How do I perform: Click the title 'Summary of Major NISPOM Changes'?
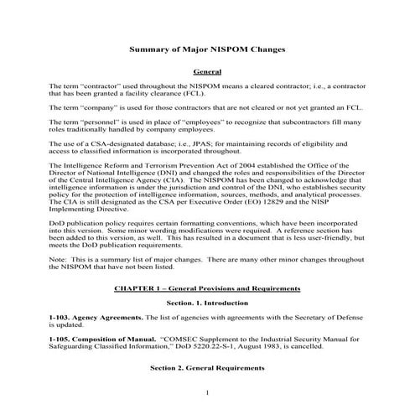(207, 49)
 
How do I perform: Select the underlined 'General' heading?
(207, 73)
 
